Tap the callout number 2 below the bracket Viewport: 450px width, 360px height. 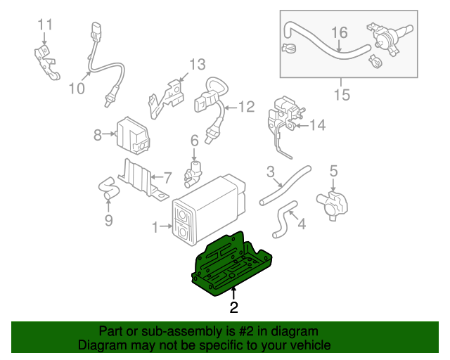click(x=233, y=307)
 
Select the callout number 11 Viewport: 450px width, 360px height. click(x=45, y=25)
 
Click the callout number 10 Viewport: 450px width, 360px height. click(x=76, y=88)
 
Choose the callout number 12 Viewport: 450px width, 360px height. click(x=245, y=108)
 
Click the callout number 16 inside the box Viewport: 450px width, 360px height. click(x=339, y=32)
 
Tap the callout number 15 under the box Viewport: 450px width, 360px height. click(x=342, y=94)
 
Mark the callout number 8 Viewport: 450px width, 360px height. click(x=98, y=134)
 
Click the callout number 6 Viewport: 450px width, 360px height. click(x=193, y=141)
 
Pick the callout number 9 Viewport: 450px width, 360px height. click(x=108, y=221)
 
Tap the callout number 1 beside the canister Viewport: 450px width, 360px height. click(x=155, y=226)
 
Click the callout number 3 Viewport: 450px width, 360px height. click(x=269, y=171)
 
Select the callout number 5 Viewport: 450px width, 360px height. click(x=333, y=169)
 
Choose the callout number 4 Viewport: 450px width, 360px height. click(x=301, y=225)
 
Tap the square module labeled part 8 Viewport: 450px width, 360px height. click(x=131, y=134)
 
